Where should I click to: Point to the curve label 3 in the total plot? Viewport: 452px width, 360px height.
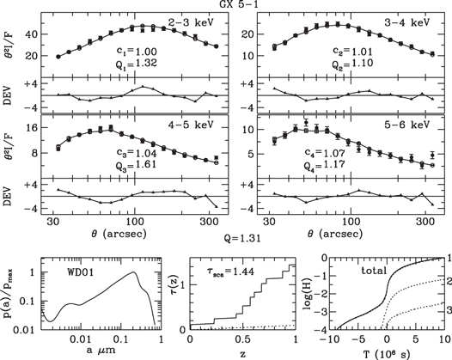coord(445,308)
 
